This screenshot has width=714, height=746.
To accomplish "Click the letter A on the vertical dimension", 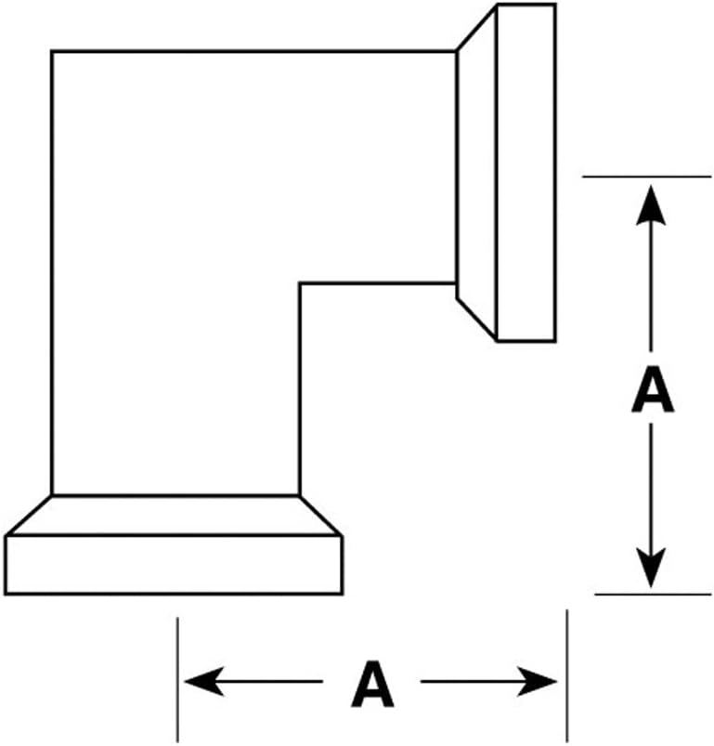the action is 652,389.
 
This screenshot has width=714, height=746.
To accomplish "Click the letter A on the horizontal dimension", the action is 372,683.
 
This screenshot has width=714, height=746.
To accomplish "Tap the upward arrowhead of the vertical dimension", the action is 651,204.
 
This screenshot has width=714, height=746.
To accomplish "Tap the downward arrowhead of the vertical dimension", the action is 651,569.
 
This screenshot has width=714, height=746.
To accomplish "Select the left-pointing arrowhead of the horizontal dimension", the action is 204,681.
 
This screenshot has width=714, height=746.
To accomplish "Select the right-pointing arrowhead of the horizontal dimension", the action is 538,681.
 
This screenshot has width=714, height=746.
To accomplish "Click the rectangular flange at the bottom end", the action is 174,565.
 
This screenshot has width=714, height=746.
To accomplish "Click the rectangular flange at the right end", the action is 526,172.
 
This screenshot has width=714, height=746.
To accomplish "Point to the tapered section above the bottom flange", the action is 174,516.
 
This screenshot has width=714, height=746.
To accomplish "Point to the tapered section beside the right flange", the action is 477,172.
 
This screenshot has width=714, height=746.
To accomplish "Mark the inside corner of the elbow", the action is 300,283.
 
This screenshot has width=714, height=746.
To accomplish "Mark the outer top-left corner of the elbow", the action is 52,51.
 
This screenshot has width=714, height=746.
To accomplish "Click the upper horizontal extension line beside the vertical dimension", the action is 647,177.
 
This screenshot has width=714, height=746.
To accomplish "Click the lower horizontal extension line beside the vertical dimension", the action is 653,595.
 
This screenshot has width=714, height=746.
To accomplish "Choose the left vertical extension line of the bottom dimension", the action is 177,679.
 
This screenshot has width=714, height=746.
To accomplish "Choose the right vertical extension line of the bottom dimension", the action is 566,675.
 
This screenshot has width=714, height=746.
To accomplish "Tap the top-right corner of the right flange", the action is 555,5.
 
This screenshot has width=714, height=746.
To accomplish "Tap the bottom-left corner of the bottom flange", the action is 6,594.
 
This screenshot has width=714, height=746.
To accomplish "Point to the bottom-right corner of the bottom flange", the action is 342,594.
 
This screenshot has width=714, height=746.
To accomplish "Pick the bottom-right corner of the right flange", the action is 555,341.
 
